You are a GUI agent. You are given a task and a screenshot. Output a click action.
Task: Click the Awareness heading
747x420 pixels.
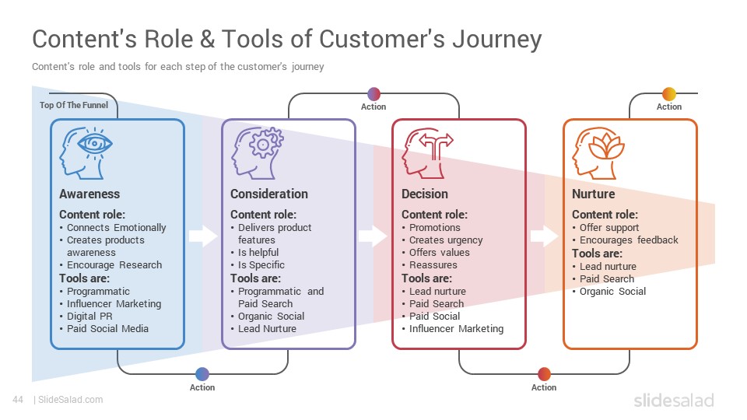tap(89, 194)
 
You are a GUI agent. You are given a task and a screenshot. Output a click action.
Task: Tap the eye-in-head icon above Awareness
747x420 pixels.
tap(86, 153)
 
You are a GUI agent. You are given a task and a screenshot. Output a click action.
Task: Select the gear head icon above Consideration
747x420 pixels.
tap(258, 153)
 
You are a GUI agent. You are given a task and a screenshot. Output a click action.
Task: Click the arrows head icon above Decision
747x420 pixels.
tap(428, 153)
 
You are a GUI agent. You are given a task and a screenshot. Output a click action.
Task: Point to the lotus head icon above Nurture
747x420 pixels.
tap(598, 153)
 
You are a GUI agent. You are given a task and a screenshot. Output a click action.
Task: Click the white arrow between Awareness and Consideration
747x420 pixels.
tap(203, 236)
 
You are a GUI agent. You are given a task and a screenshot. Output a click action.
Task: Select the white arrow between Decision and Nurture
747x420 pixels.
tap(545, 236)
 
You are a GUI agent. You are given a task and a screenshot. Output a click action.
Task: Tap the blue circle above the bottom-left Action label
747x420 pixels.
tap(202, 374)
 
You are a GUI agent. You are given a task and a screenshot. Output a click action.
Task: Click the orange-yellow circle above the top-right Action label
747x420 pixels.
tap(669, 94)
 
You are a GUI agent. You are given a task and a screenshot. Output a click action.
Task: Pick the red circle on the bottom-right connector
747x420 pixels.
tap(544, 374)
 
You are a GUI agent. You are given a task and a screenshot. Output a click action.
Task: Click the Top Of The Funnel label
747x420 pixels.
tap(74, 105)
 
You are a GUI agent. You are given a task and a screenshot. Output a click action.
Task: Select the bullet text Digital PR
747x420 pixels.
tap(89, 317)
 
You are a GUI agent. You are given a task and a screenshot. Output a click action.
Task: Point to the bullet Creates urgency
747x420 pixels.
tap(446, 240)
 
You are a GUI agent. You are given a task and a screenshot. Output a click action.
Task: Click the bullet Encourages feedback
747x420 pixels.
tap(629, 240)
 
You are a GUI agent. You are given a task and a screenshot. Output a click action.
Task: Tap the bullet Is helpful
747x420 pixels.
tap(258, 252)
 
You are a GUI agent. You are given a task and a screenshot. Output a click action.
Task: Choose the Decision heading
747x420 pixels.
tap(425, 194)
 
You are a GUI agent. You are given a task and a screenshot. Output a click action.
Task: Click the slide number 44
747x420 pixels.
tap(18, 400)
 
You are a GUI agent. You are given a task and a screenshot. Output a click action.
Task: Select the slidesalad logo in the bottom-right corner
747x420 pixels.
tap(674, 400)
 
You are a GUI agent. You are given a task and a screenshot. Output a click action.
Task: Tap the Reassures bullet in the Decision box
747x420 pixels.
tap(433, 264)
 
